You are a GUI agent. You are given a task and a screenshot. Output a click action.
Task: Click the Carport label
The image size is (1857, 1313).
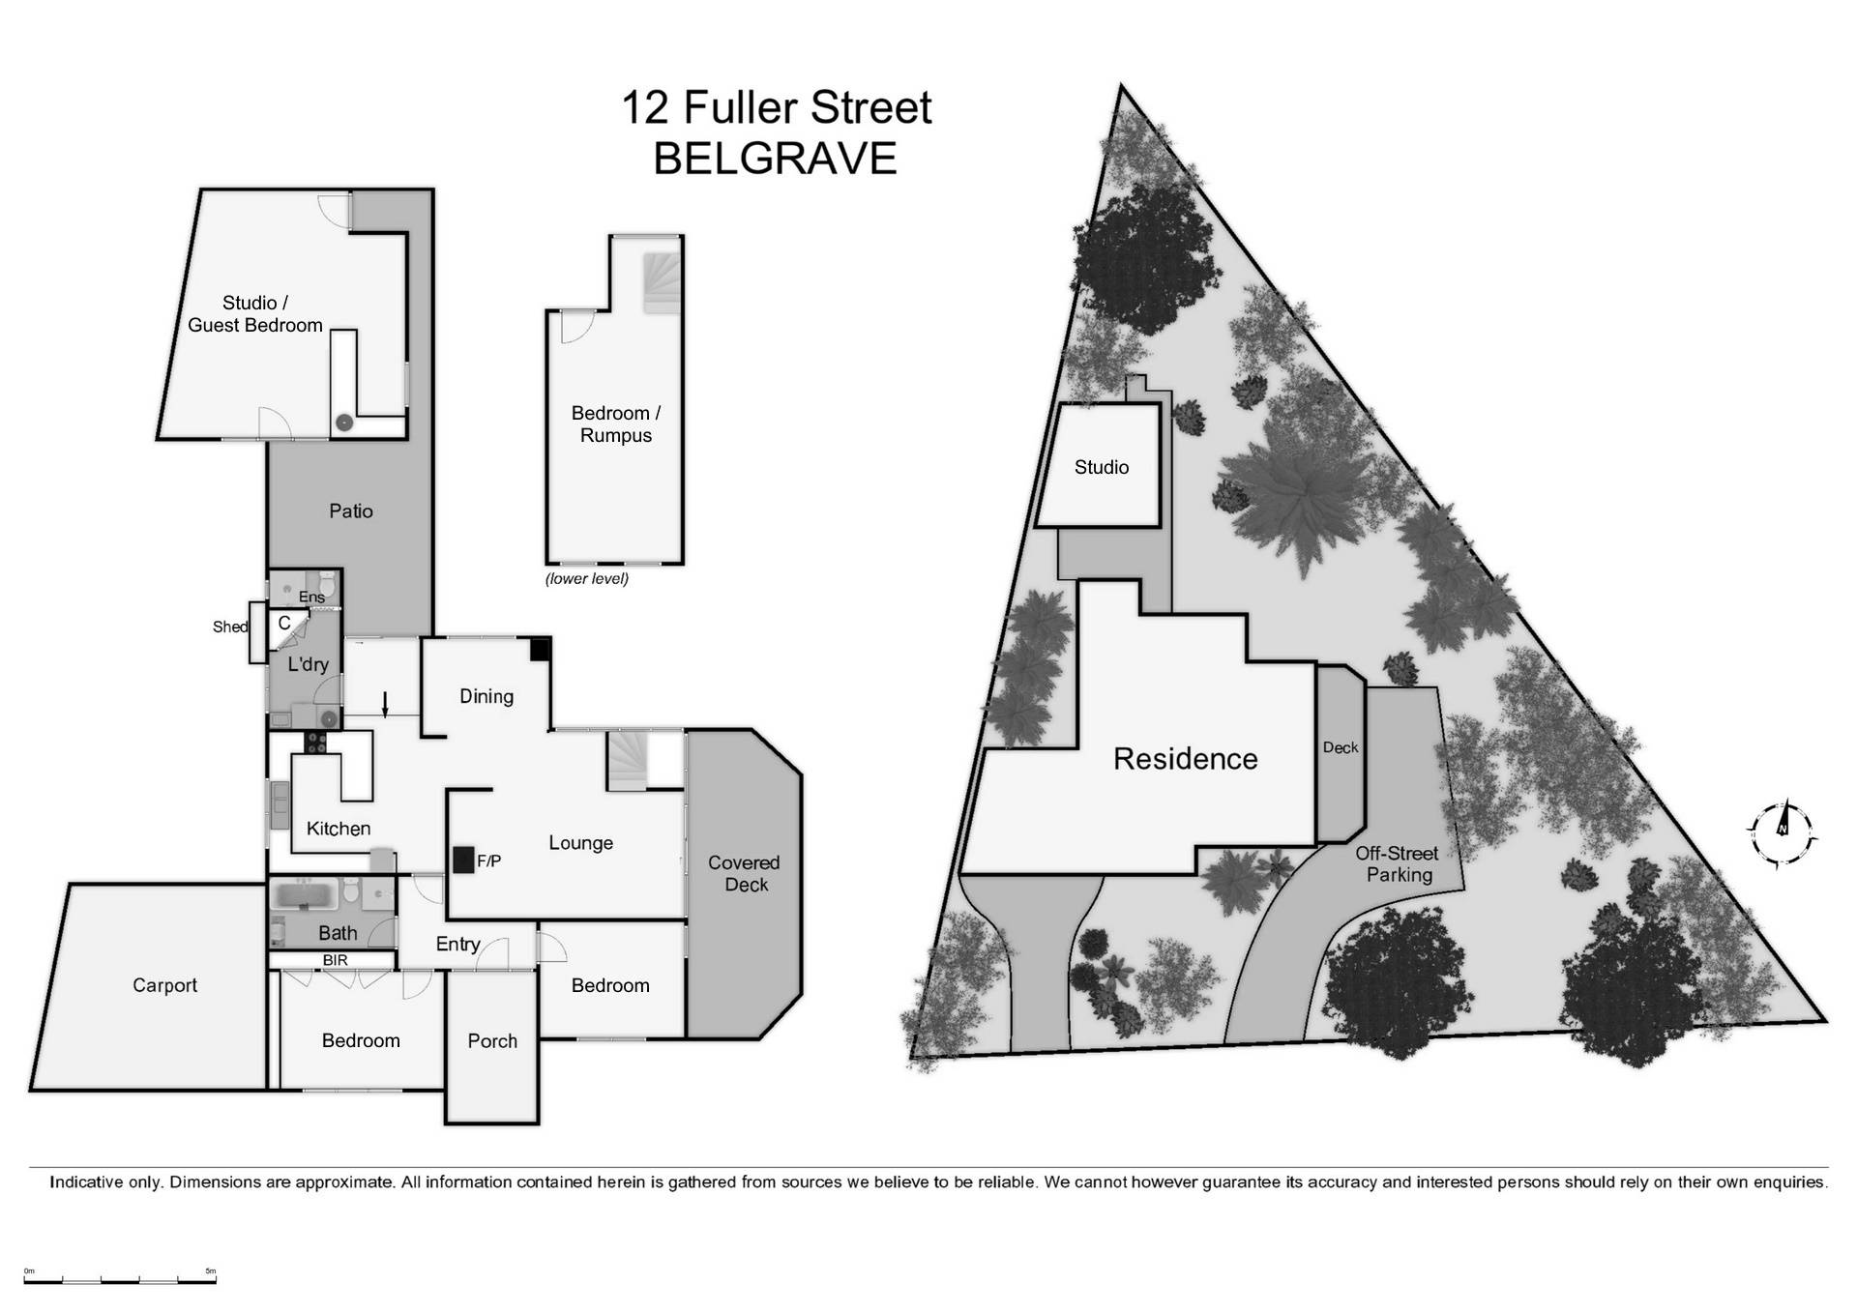point(164,985)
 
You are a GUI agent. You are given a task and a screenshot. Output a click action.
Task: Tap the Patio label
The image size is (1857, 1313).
point(350,511)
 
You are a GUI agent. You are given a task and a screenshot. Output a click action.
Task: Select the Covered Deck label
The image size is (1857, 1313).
point(744,873)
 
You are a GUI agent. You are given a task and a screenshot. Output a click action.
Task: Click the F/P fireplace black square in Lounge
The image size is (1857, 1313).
point(463,860)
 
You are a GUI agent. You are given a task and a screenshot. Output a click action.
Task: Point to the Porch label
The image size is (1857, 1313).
point(492,1041)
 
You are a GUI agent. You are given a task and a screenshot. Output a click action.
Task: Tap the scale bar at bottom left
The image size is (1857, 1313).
point(120,1280)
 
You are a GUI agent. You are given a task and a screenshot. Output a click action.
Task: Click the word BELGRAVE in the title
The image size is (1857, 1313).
point(775,160)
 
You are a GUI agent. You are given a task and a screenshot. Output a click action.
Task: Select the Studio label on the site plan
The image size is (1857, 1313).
point(1101,467)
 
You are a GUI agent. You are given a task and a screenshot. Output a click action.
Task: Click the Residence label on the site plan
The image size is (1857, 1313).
point(1185,759)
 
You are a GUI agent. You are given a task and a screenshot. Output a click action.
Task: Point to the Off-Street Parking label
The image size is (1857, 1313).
point(1398,863)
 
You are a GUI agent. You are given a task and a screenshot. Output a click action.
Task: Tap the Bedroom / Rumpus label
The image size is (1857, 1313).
point(616,423)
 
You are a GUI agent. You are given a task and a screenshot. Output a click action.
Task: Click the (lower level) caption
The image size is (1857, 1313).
point(586,579)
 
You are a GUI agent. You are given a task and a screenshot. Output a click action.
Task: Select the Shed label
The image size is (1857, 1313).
point(229,627)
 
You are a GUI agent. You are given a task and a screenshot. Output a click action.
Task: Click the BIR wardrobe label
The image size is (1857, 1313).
point(335,960)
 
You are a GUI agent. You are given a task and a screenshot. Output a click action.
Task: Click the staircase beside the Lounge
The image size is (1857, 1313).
point(629,759)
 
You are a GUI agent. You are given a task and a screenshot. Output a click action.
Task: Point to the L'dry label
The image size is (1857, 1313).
point(308,664)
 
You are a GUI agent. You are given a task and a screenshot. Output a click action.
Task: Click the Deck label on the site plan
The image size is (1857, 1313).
point(1340,747)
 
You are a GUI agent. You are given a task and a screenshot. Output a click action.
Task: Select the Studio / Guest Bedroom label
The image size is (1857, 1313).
point(255,314)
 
